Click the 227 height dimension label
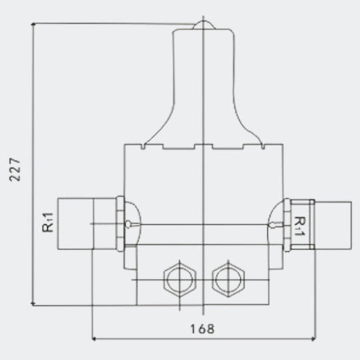[x=15, y=170]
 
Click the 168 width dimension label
[x=203, y=329]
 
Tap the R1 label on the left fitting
[x=48, y=223]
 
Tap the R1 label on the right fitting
[x=300, y=226]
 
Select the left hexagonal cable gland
[x=180, y=279]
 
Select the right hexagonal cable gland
[x=228, y=279]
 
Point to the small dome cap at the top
[x=203, y=25]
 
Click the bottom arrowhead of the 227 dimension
[x=33, y=304]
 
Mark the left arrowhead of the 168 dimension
[x=93, y=339]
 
